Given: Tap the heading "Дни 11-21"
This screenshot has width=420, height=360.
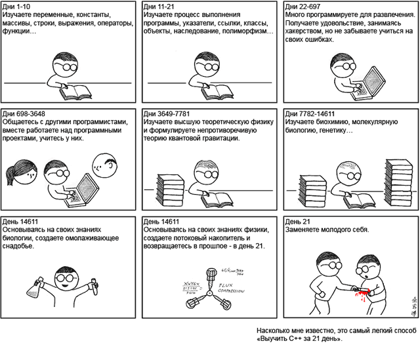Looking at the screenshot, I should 159,7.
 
